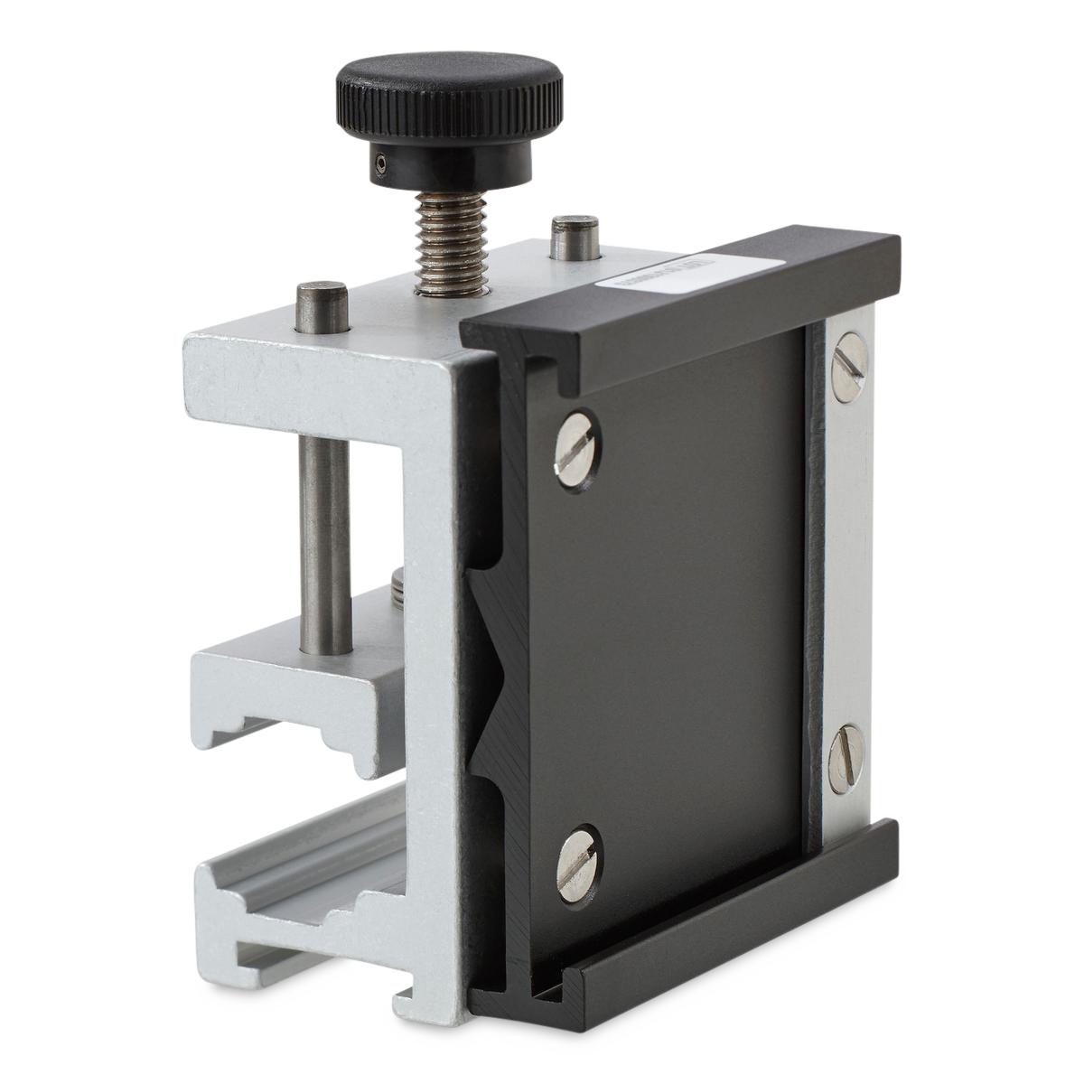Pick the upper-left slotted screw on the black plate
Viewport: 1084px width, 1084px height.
coord(575,441)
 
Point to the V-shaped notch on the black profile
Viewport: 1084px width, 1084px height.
coord(493,660)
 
